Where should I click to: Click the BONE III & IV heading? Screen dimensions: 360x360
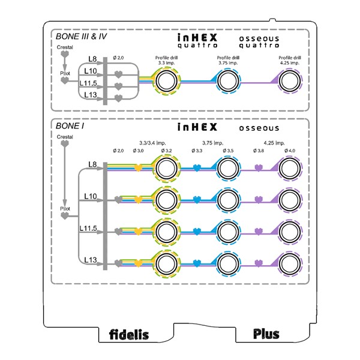81,37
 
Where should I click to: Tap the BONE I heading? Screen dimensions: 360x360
70,126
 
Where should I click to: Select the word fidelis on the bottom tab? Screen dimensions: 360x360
129,334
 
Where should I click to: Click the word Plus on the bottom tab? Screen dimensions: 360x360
266,334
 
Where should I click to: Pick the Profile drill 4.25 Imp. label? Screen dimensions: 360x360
290,60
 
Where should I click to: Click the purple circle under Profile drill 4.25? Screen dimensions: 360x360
290,81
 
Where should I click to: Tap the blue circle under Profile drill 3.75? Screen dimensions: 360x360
228,81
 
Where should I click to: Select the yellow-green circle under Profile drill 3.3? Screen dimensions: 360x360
166,81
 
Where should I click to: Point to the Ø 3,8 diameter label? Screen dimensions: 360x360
259,151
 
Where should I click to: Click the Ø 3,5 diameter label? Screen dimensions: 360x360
228,151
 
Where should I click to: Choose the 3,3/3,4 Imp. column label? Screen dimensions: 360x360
152,143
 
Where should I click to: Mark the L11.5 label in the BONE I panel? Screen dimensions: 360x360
88,228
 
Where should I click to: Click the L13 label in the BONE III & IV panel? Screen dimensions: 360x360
91,95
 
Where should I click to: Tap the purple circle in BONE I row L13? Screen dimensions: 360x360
290,264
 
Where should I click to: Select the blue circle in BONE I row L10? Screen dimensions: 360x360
228,200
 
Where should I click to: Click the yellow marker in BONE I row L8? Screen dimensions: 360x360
138,168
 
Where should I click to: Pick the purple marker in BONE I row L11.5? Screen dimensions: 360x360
259,232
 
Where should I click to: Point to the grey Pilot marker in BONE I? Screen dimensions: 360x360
65,215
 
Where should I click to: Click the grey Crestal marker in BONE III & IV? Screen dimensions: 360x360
65,54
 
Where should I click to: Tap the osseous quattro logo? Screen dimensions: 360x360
259,42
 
